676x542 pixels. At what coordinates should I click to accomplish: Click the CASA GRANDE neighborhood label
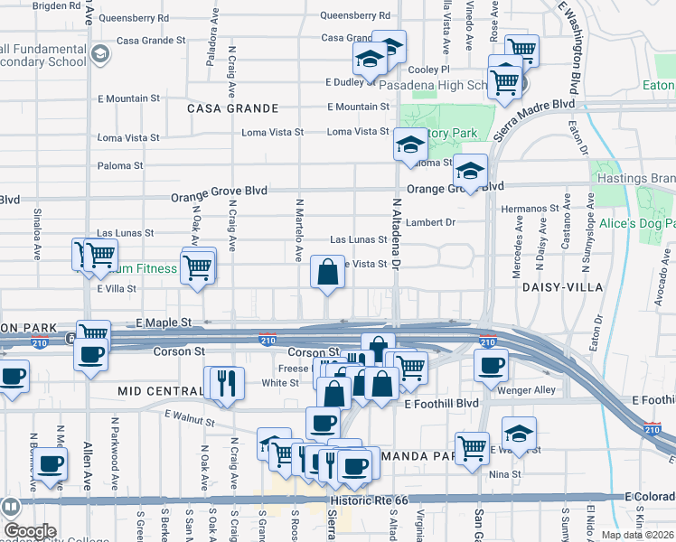(232, 108)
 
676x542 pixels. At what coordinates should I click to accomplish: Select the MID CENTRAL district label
(161, 391)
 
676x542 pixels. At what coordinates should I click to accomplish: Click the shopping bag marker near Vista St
(327, 271)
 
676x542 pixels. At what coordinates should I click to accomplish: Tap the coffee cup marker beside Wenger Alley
(491, 366)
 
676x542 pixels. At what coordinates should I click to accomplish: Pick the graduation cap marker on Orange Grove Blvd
(469, 170)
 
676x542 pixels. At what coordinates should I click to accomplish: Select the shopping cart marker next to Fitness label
(197, 267)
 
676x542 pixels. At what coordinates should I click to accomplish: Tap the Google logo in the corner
(29, 531)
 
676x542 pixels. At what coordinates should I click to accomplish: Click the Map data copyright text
(638, 535)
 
